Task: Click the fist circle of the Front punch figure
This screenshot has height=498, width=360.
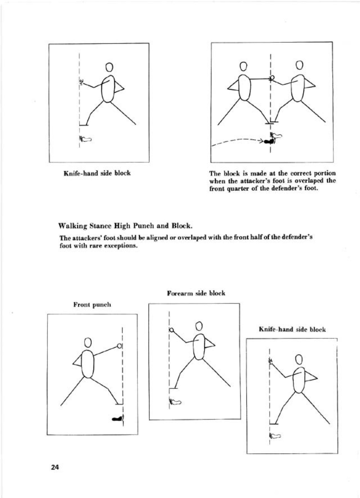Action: click(x=119, y=346)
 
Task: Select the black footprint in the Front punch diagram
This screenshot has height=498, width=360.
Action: click(x=117, y=419)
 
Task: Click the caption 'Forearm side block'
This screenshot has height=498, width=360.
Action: click(x=196, y=293)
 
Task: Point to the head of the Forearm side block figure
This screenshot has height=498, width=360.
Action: click(x=199, y=326)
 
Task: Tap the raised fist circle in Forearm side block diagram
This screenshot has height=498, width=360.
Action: click(x=171, y=330)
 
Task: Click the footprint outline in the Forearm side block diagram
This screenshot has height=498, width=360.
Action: click(x=176, y=402)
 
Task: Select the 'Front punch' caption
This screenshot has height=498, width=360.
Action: click(x=92, y=304)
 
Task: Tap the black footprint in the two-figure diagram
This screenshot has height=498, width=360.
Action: click(x=268, y=141)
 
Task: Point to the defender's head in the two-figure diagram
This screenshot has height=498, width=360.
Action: click(x=299, y=65)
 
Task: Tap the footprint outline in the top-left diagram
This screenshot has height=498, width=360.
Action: click(x=86, y=139)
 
